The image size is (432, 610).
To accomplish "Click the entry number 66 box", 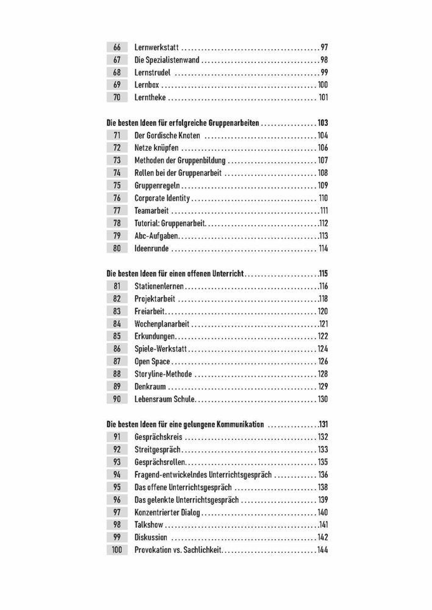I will (117, 47).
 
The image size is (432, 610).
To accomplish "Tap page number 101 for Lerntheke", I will (323, 97).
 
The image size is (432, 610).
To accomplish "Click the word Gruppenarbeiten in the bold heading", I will (234, 123).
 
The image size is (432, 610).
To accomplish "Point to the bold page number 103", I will (323, 123).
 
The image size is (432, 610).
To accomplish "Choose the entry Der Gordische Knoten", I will (167, 135).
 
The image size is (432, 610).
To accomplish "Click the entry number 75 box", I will (117, 185).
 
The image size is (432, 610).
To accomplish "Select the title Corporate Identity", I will (162, 198).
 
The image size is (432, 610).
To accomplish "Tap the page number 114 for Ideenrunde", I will (323, 248).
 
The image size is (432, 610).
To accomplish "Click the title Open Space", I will (152, 361).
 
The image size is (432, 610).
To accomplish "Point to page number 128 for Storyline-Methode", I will (323, 374).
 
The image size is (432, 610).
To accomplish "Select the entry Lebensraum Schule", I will (164, 399).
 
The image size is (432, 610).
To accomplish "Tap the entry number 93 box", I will (117, 462).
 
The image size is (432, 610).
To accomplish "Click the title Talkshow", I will (148, 525).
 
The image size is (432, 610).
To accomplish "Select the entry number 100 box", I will (117, 550).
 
